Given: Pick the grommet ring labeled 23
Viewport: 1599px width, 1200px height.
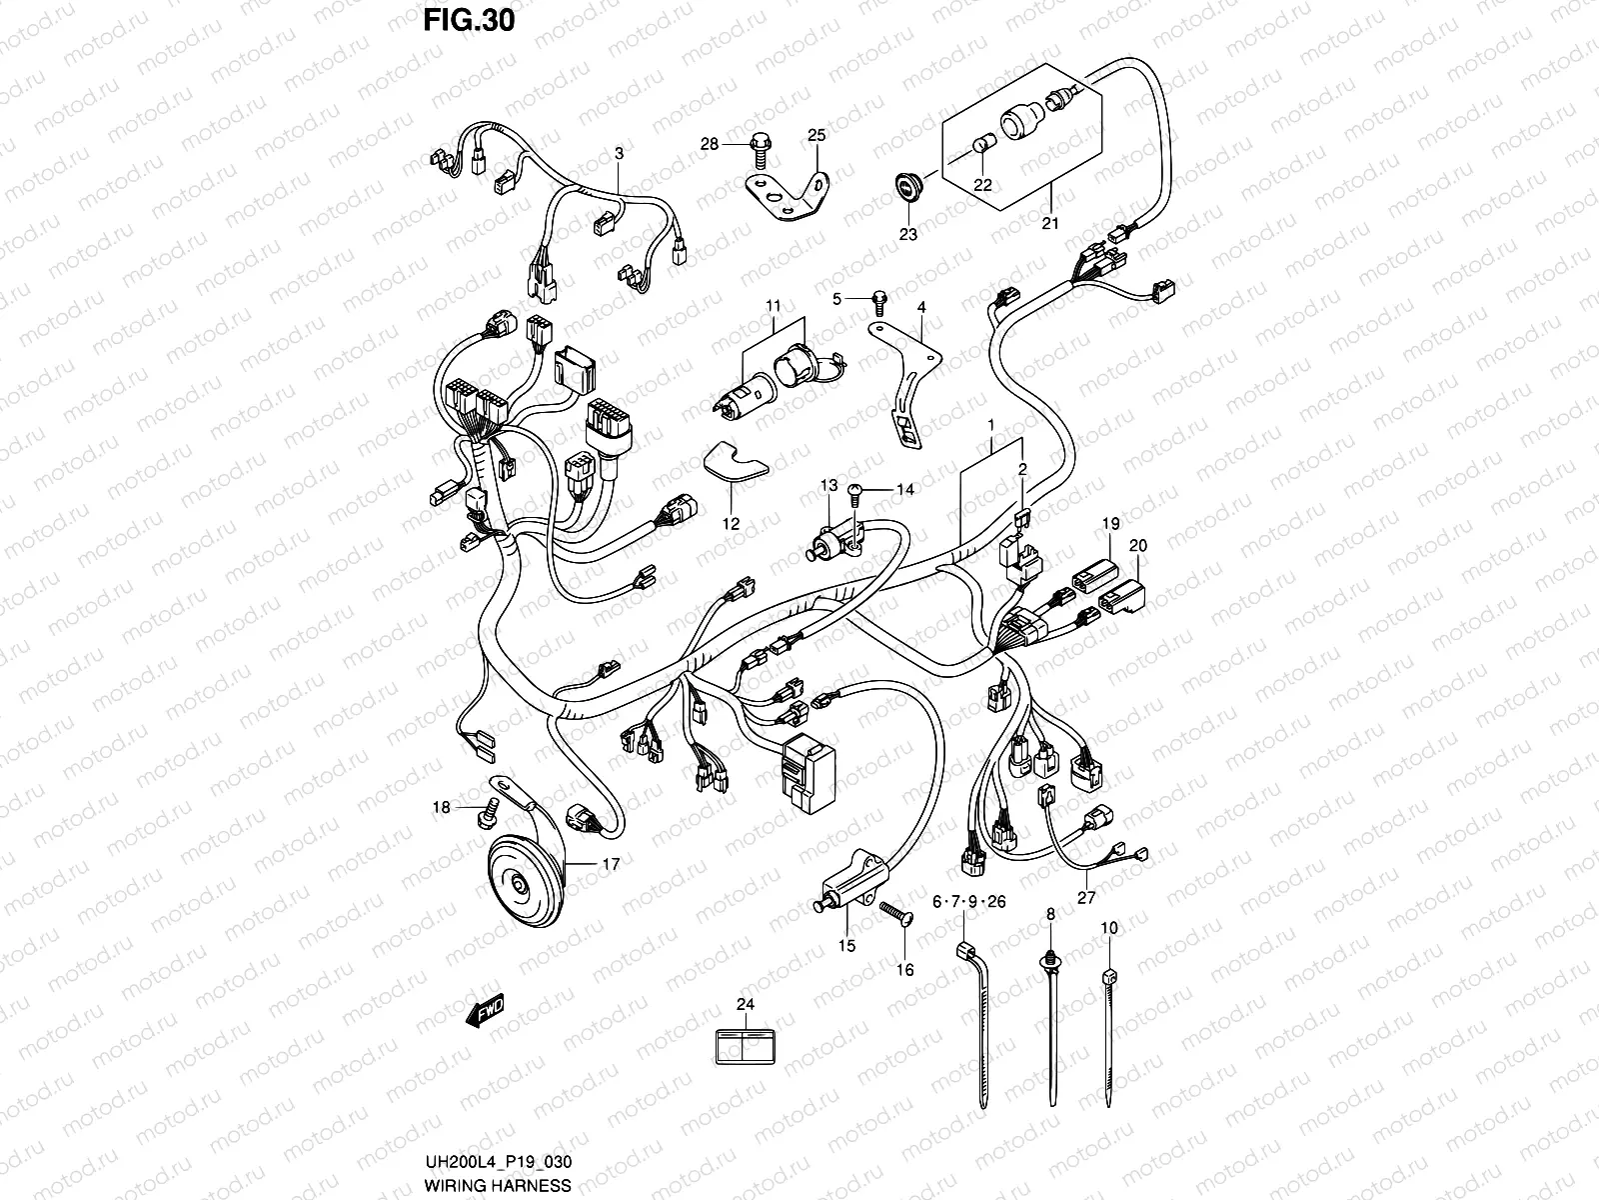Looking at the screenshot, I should [x=909, y=189].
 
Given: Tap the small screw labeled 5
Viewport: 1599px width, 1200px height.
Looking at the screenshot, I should [x=880, y=298].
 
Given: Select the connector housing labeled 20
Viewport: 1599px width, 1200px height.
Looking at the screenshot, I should [x=1123, y=595].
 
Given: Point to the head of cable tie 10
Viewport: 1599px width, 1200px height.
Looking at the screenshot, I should [x=1108, y=976].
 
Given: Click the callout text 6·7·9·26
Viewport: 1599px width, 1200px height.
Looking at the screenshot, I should [x=968, y=902].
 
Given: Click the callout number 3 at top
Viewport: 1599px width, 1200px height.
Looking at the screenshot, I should [x=619, y=154].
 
